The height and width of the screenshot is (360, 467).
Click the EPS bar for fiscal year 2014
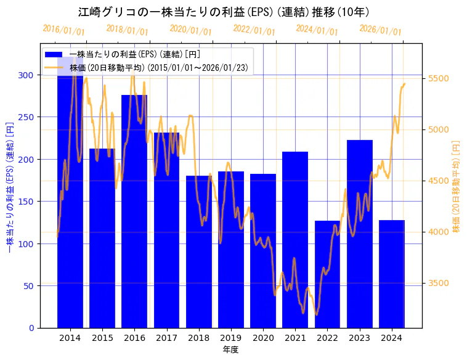pyautogui.click(x=70, y=203)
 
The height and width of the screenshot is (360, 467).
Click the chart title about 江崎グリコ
pyautogui.click(x=224, y=12)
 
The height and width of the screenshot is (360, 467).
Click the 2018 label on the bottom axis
pyautogui.click(x=198, y=338)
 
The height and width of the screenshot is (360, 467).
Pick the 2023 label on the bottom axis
pyautogui.click(x=359, y=338)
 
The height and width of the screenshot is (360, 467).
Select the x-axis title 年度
pyautogui.click(x=230, y=350)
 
